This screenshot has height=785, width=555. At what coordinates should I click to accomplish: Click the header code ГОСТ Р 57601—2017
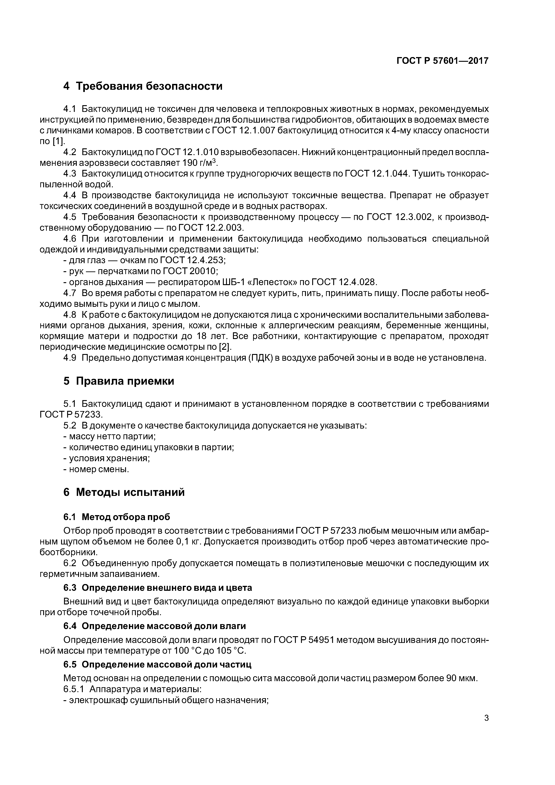tap(442, 61)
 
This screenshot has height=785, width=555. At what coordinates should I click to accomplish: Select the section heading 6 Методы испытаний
tap(124, 492)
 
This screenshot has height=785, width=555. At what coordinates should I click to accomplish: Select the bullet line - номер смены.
tap(96, 469)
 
